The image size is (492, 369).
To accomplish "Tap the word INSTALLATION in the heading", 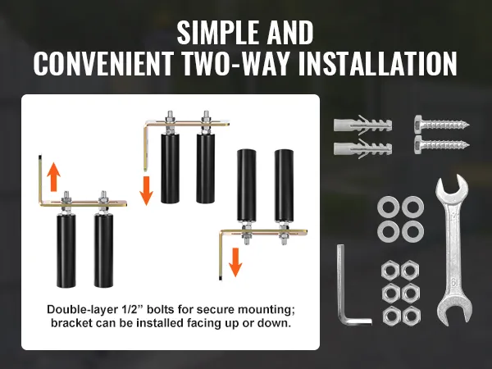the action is tap(377, 64).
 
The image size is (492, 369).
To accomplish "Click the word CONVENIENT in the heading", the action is tap(103, 64).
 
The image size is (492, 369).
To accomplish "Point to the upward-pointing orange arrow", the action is tap(53, 177).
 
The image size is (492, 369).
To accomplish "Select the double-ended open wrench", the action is tap(453, 248).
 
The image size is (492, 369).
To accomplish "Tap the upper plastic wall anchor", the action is tap(362, 125).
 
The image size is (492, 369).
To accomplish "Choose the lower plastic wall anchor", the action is tap(362, 148).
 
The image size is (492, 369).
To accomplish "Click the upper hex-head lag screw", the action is tap(441, 125).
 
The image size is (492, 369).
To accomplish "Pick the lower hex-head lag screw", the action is tap(441, 145).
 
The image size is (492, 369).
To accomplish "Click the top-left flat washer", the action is tap(389, 207).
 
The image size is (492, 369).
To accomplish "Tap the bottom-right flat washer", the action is tap(412, 231).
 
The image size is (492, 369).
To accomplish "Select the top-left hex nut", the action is tap(391, 270).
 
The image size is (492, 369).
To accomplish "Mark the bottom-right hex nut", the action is tap(411, 316).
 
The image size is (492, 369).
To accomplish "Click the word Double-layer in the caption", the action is tap(82, 310).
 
